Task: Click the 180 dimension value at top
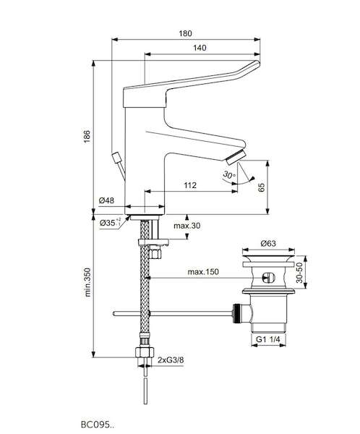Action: pyautogui.click(x=185, y=33)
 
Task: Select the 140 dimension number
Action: pyautogui.click(x=200, y=48)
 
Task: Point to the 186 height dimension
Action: pyautogui.click(x=87, y=136)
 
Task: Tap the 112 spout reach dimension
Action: pyautogui.click(x=190, y=185)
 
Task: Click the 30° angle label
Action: pyautogui.click(x=229, y=175)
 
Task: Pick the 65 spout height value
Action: pyautogui.click(x=261, y=187)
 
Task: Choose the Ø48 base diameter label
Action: pyautogui.click(x=106, y=200)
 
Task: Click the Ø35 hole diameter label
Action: pyautogui.click(x=110, y=223)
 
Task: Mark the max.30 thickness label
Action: pyautogui.click(x=187, y=226)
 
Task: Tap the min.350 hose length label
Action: pyautogui.click(x=87, y=282)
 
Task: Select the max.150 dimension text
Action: pyautogui.click(x=203, y=272)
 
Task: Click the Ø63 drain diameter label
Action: pyautogui.click(x=268, y=243)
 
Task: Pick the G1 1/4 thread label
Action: pyautogui.click(x=267, y=339)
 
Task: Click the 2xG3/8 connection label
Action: pyautogui.click(x=171, y=360)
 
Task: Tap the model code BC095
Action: pyautogui.click(x=97, y=425)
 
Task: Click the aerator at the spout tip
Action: pyautogui.click(x=236, y=158)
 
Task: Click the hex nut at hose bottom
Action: pyautogui.click(x=145, y=352)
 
